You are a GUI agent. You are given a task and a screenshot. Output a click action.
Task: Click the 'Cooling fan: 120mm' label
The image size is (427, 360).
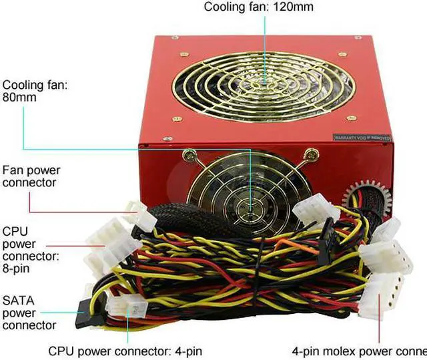coord(258,7)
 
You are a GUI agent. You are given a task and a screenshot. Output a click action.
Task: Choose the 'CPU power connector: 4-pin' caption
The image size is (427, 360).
coord(125,351)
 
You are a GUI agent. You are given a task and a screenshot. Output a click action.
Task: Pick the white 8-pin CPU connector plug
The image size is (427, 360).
coord(110,240)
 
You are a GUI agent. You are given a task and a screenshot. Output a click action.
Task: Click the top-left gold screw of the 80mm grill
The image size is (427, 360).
coord(190,157)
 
